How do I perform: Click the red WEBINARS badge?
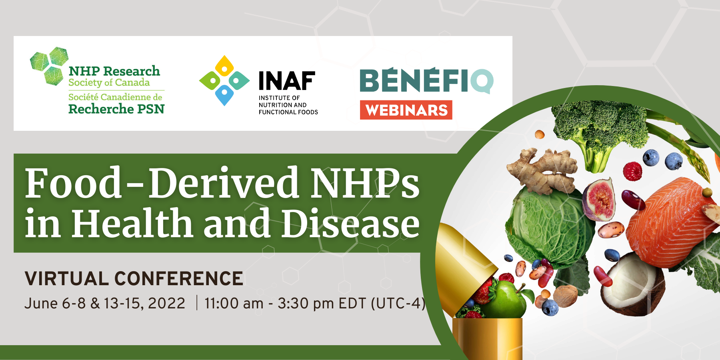pyautogui.click(x=406, y=110)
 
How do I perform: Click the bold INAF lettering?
pyautogui.click(x=287, y=81)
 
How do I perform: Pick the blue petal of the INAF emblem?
pyautogui.click(x=224, y=96)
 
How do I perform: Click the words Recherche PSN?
pyautogui.click(x=116, y=109)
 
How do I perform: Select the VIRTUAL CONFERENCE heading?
pyautogui.click(x=134, y=279)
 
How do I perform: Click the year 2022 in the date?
pyautogui.click(x=166, y=303)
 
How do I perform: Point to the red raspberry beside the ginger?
pyautogui.click(x=632, y=171)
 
